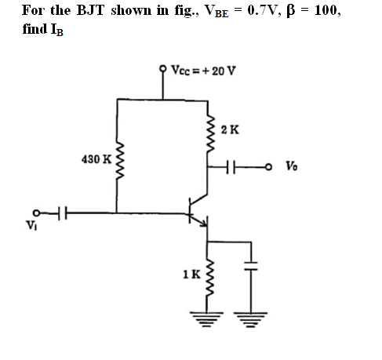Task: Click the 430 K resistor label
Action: [96, 159]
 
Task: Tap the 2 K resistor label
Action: [230, 129]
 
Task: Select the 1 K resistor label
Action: [192, 275]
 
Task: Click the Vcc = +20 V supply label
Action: [203, 71]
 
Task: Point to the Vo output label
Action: [291, 166]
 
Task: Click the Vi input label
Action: [31, 225]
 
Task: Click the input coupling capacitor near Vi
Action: [61, 213]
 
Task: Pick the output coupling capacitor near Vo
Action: [231, 166]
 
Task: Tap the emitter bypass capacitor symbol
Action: [251, 266]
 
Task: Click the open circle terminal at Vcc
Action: [163, 69]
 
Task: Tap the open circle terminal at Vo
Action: [268, 166]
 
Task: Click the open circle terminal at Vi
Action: [37, 213]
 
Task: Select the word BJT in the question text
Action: [90, 10]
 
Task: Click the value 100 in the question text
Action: [327, 11]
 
